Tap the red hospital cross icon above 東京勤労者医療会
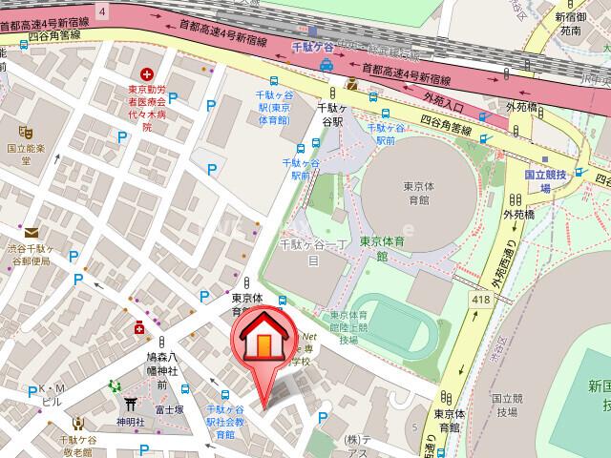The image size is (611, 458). point(147,73)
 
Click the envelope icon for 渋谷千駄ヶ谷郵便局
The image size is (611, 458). point(32,232)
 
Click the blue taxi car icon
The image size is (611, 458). point(327,65)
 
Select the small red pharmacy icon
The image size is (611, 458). point(139,328)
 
